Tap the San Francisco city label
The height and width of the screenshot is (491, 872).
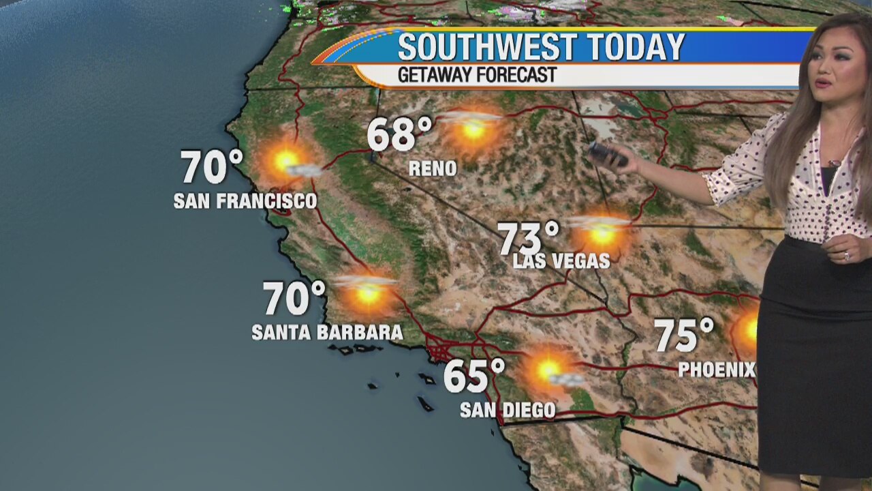coord(245,201)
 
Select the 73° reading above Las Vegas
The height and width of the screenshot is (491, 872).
coord(528,238)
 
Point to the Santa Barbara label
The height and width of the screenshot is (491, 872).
coord(327,333)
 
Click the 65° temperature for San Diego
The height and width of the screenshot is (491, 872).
coord(474,376)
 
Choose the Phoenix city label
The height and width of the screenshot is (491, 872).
coord(717,370)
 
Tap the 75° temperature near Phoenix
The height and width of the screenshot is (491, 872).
coord(684,335)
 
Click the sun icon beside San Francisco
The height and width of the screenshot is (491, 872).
coord(285,162)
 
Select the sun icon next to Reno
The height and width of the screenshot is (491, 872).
coord(473,129)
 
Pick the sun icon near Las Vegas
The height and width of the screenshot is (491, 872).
coord(602,234)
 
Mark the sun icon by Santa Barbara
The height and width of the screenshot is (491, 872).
coord(369,293)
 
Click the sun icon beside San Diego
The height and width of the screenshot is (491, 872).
coord(548,370)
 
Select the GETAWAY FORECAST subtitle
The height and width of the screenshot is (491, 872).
coord(477,75)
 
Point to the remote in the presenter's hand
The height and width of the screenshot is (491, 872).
coord(607,154)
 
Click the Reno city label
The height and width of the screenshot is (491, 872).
coord(433,169)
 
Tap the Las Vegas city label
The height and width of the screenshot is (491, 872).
coord(561,261)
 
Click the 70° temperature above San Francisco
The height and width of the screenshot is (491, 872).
coord(212,167)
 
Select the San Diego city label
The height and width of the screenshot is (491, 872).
coord(508,410)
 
